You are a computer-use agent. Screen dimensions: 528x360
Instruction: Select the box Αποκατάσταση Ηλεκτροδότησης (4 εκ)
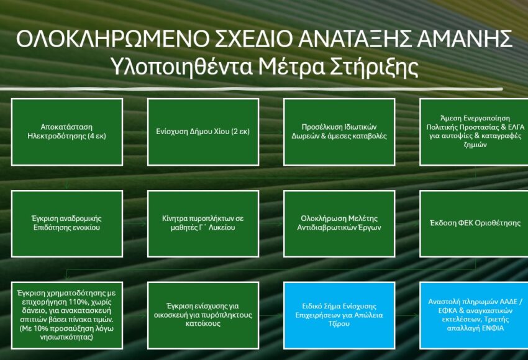pyautogui.click(x=67, y=132)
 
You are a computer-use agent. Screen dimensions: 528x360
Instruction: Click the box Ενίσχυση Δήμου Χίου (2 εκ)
pyautogui.click(x=203, y=132)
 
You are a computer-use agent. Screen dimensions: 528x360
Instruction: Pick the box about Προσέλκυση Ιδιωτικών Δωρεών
pyautogui.click(x=339, y=132)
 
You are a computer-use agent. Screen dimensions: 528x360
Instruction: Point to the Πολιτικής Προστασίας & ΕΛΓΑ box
pyautogui.click(x=474, y=132)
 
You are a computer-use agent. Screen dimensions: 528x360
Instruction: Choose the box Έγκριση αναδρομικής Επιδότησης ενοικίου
pyautogui.click(x=67, y=223)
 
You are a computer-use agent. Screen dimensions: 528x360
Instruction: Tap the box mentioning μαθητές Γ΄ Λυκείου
pyautogui.click(x=203, y=223)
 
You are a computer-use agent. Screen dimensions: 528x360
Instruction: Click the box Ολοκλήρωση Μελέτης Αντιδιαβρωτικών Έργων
pyautogui.click(x=339, y=223)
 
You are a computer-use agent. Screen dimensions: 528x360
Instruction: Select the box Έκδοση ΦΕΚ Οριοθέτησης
pyautogui.click(x=474, y=223)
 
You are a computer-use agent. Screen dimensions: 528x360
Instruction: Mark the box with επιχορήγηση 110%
pyautogui.click(x=67, y=315)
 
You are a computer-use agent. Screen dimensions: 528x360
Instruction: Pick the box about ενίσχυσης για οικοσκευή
pyautogui.click(x=203, y=315)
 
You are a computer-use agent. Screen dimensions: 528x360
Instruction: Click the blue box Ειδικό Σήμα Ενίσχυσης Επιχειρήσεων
pyautogui.click(x=339, y=315)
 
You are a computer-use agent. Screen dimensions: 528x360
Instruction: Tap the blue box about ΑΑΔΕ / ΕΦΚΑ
pyautogui.click(x=474, y=315)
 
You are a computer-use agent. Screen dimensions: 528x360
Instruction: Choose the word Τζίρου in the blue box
pyautogui.click(x=339, y=323)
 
